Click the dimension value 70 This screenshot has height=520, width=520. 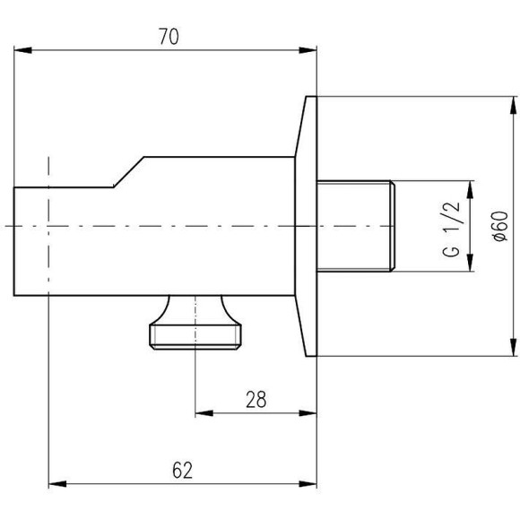click(169, 37)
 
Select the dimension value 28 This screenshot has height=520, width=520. click(256, 400)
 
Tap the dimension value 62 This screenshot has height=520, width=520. click(182, 471)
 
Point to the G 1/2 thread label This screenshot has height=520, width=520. click(451, 229)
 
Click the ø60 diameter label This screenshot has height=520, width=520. click(500, 226)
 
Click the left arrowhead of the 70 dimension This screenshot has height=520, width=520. click(23, 50)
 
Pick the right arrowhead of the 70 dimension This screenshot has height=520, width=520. click(308, 50)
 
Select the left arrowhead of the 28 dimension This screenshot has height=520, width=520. click(204, 413)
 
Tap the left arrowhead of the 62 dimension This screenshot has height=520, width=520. click(57, 484)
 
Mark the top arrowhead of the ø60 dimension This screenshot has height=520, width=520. click(513, 106)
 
